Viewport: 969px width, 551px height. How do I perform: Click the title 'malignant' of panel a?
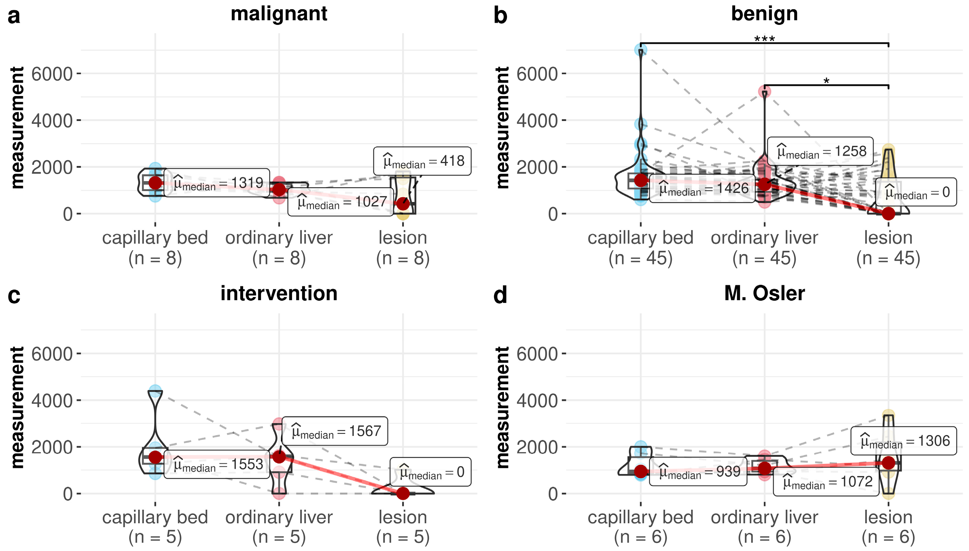coord(279,14)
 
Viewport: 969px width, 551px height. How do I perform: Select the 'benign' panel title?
coord(764,14)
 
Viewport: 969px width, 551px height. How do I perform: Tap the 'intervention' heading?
coord(279,294)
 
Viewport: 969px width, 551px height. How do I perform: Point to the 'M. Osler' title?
coord(764,294)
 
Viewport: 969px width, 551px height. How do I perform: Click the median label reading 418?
coord(422,161)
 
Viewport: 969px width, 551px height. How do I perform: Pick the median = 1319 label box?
coord(217,183)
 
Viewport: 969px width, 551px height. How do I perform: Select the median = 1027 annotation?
coord(340,202)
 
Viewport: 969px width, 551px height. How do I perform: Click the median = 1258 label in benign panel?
coord(820,151)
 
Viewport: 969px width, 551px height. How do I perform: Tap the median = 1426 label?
coord(702,188)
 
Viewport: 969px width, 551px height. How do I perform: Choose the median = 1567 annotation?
coord(335,431)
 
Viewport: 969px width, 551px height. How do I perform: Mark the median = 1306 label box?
coord(903,441)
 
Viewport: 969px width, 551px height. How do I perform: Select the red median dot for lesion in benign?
coord(888,213)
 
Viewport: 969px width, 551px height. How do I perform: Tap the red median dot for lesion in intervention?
coord(403,493)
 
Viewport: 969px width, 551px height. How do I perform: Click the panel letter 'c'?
coord(14,296)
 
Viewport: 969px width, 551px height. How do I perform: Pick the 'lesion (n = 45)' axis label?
coord(888,248)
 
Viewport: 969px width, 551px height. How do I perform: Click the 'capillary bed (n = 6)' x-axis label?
coord(640,527)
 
